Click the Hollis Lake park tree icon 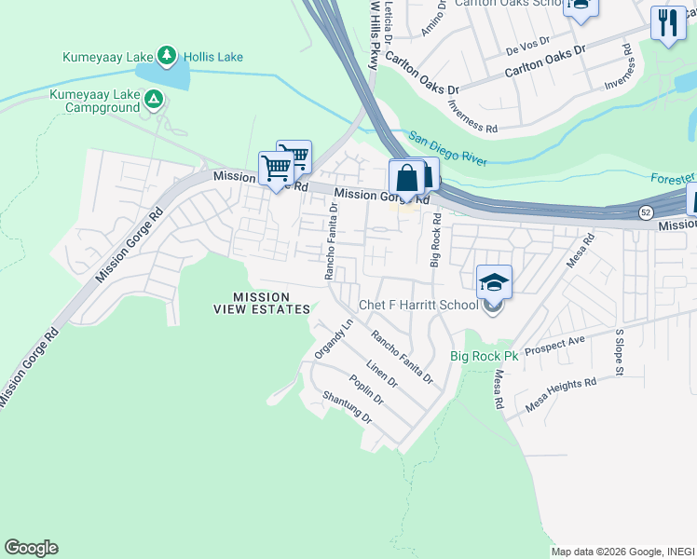tap(167, 56)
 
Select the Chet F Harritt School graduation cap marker tap(494, 282)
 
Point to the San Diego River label tap(447, 148)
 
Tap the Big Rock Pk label tap(484, 356)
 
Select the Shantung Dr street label tap(347, 407)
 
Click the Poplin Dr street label tap(366, 389)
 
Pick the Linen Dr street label tap(382, 375)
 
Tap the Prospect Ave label tap(554, 347)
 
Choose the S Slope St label tap(618, 351)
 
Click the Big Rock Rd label tap(434, 240)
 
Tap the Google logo tap(31, 548)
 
